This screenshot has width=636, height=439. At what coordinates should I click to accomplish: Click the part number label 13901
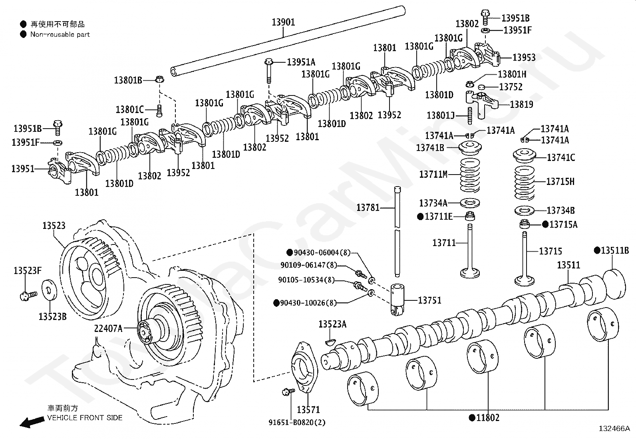point(283,22)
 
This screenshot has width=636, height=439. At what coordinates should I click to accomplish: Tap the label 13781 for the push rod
point(368,207)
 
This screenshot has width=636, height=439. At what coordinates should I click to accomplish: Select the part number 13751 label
point(429,300)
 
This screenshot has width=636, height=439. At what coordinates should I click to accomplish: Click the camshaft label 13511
point(568,265)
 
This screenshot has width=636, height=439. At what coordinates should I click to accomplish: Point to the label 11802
point(487,418)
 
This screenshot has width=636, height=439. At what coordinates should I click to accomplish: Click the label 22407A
point(108,328)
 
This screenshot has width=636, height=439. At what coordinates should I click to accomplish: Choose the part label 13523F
point(28,270)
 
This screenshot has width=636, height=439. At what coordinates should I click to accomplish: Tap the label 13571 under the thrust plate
point(308,409)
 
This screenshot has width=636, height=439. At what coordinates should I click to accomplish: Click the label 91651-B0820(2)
point(296,422)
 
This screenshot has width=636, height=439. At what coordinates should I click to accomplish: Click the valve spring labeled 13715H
point(524,182)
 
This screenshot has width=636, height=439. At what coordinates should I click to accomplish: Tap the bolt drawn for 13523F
point(28,295)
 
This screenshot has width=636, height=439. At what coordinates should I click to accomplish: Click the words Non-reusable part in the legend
point(60,35)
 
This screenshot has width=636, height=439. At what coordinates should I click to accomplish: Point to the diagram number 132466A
point(614,429)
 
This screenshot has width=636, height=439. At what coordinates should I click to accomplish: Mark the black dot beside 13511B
point(597,250)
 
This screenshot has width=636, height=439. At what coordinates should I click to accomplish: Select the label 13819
point(522,105)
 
